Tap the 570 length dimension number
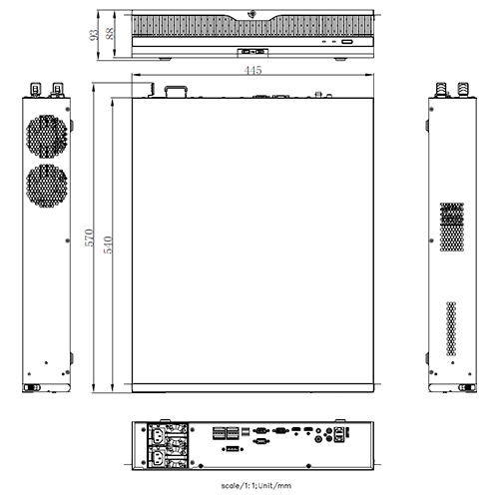[91, 239]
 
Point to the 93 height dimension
[93, 35]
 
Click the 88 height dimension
[110, 30]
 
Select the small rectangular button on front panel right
[347, 43]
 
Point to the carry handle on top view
[177, 91]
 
